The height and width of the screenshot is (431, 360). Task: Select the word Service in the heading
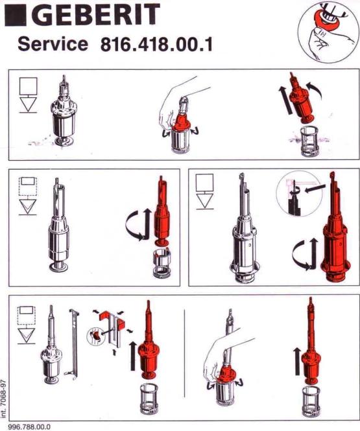coord(53,44)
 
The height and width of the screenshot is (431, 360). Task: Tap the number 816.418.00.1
coord(156,45)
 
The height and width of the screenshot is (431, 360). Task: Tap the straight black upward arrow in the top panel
coord(285,100)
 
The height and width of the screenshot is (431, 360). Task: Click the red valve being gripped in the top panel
coord(180,121)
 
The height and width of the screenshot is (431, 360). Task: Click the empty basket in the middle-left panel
coord(162,263)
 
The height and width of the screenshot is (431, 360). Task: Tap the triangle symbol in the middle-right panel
coord(204,201)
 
